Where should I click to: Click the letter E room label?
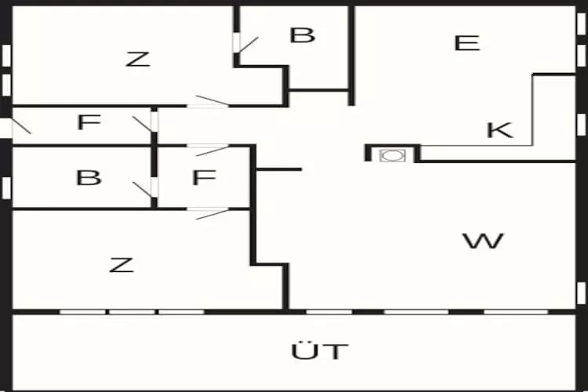(466, 43)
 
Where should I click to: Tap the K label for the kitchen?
(499, 130)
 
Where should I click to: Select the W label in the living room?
(483, 241)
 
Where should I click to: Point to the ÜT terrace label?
(319, 351)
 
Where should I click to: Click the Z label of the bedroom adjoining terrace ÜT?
(122, 265)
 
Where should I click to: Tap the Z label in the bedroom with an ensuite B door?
(138, 59)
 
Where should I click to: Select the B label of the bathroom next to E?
(302, 35)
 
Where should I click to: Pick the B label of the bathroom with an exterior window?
(89, 178)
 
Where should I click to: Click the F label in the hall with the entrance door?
(89, 122)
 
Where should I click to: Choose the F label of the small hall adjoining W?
(204, 178)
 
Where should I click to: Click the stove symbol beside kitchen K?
(390, 154)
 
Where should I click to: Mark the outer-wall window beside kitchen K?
(581, 124)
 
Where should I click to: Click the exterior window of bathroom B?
(6, 188)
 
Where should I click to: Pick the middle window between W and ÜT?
(416, 311)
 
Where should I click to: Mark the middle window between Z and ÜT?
(131, 311)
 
